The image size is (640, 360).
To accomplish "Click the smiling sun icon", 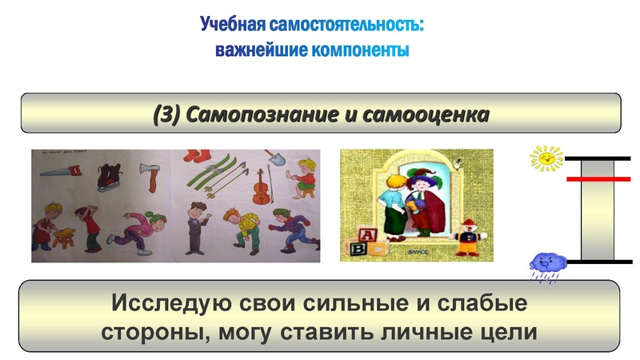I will [x=546, y=158].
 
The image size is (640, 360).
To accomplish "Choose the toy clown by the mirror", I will [x=465, y=235].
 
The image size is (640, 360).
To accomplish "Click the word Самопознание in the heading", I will [x=263, y=114].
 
